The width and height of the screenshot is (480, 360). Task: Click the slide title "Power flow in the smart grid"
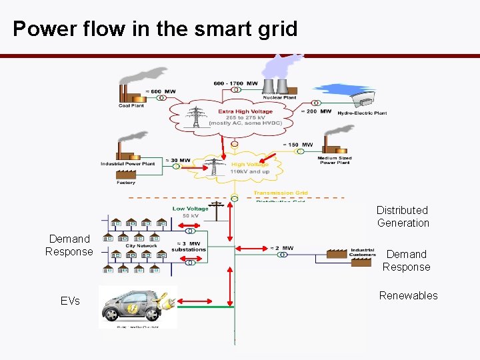pos(155,29)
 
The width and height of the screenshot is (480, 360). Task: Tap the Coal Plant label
pos(131,105)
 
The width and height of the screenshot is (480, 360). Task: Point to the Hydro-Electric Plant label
pos(362,113)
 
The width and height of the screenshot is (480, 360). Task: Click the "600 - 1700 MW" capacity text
pos(235,83)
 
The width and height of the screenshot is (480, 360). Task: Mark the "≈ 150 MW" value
pos(298,145)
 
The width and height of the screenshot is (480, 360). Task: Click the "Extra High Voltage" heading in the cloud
pos(245,111)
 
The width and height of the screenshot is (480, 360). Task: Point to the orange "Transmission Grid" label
pos(280,193)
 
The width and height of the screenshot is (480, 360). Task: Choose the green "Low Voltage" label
pos(190,209)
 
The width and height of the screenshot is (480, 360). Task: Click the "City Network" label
pos(141,245)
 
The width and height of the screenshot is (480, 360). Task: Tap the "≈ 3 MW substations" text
pos(189,247)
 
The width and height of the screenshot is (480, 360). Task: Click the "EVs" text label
pos(70,301)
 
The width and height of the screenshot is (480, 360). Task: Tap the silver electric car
pos(133,307)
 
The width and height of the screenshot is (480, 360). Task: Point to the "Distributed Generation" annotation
pos(403,217)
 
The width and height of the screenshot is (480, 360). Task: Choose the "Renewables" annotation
pos(408,295)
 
